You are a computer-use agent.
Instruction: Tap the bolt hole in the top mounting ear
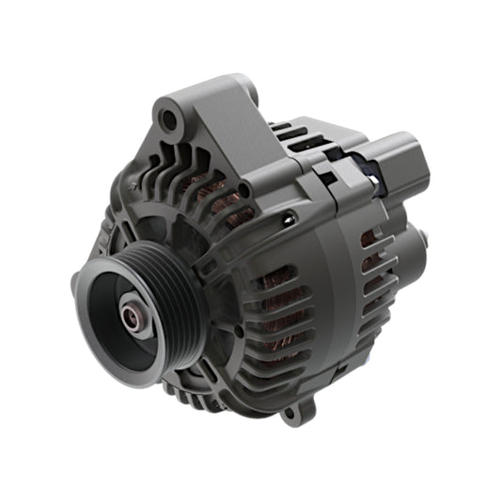169,119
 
